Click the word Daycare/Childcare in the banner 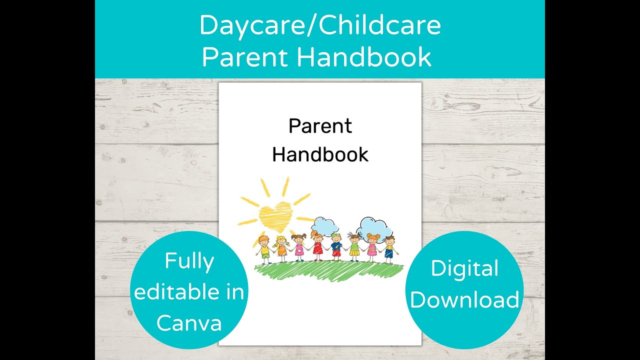pyautogui.click(x=320, y=25)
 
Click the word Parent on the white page pyautogui.click(x=320, y=126)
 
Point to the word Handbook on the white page pyautogui.click(x=320, y=154)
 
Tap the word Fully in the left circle pyautogui.click(x=189, y=261)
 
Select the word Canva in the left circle pyautogui.click(x=189, y=323)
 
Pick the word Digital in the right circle pyautogui.click(x=464, y=269)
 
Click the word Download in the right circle pyautogui.click(x=464, y=300)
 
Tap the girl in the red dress pyautogui.click(x=318, y=246)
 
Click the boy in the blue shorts pyautogui.click(x=389, y=247)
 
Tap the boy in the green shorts pyautogui.click(x=265, y=247)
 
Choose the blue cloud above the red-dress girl pyautogui.click(x=326, y=226)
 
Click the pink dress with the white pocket pyautogui.click(x=299, y=248)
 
